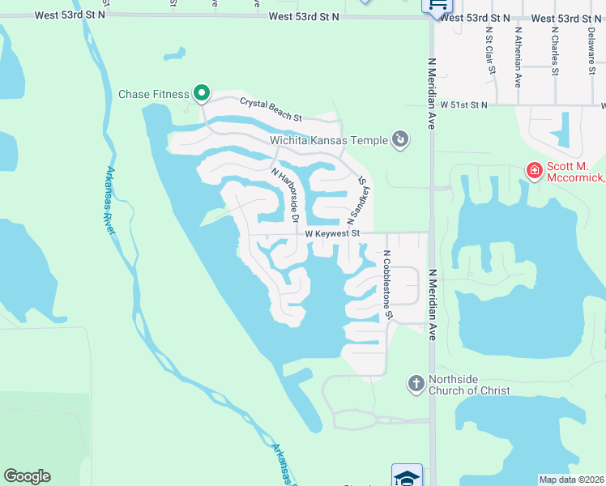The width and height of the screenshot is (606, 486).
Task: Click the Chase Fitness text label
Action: pos(154,94)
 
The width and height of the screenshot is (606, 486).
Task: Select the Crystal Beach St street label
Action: pos(271,109)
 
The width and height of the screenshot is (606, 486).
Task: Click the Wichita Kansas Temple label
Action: pos(329,140)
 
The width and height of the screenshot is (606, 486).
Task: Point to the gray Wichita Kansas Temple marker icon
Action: pos(400,140)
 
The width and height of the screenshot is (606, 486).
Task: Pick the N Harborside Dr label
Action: pos(286,195)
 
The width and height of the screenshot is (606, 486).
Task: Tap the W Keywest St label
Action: pos(332,233)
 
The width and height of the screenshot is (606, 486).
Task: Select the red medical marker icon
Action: pos(534,170)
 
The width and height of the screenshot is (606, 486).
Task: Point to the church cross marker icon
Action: pos(416,383)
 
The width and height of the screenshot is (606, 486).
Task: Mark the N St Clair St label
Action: pos(490,49)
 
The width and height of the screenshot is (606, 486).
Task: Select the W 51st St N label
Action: pos(464,105)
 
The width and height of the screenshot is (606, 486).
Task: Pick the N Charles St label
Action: pos(555,53)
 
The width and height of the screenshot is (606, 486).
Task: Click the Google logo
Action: pos(27,476)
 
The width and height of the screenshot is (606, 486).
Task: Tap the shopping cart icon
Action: pos(435,5)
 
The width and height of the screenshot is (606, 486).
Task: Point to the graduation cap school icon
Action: pos(407,476)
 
